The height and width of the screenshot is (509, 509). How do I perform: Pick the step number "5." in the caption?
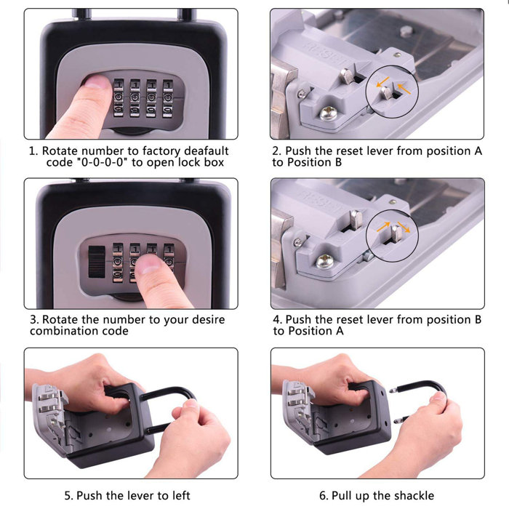[x=69, y=495]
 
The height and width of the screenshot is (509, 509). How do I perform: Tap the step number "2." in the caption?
[x=277, y=151]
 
